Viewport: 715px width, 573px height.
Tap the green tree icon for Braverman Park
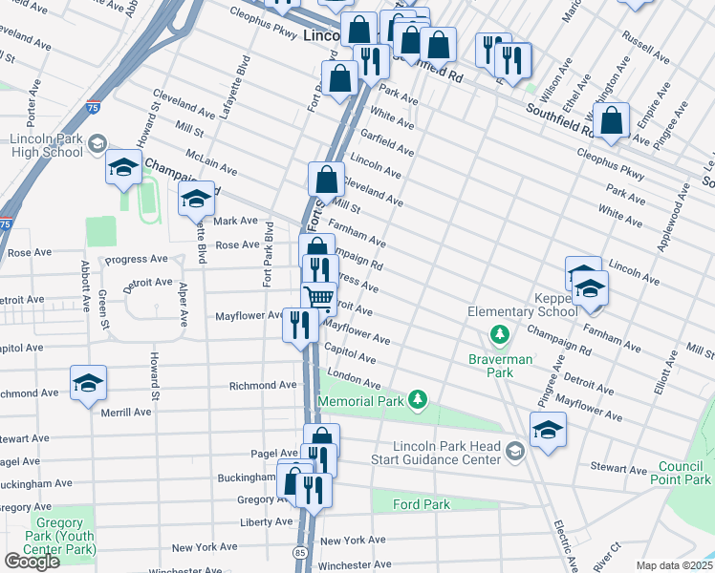[498, 334]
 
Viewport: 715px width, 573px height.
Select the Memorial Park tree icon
[416, 398]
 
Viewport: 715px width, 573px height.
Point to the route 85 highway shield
[299, 552]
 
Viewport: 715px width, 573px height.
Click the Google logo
[32, 561]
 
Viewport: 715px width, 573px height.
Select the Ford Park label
[422, 503]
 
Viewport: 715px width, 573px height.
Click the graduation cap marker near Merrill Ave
[89, 384]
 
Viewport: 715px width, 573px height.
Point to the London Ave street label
[347, 374]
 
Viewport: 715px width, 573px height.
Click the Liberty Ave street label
[267, 521]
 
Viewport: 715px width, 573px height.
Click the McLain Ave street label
[211, 165]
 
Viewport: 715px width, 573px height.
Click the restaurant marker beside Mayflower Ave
[300, 326]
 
